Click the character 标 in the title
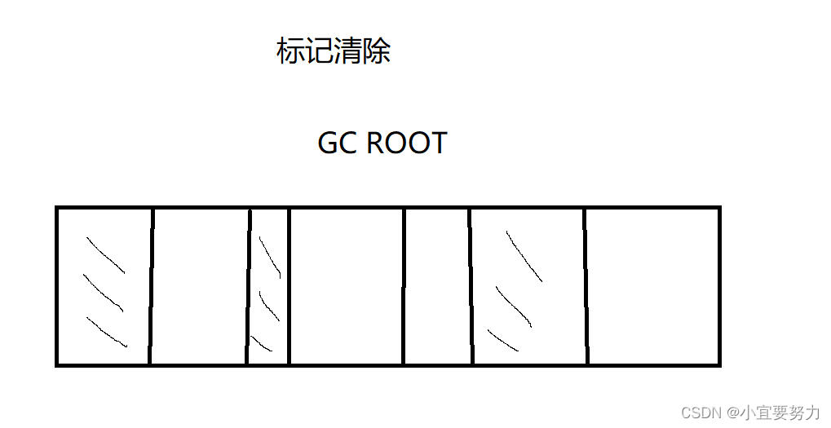point(290,52)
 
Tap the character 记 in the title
point(319,52)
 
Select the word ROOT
point(406,143)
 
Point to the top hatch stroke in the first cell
point(105,255)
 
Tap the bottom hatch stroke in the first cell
point(106,332)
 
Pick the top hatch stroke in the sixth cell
point(524,256)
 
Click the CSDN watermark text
point(699,413)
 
